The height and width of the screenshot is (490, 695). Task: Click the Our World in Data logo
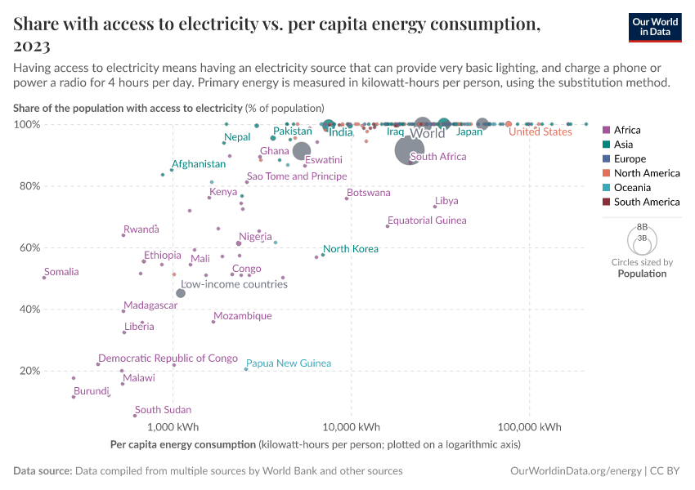pos(655,27)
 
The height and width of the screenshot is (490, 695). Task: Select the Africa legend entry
pos(627,130)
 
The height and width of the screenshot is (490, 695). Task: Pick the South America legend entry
pos(646,202)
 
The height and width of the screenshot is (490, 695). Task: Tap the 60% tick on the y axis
pos(29,247)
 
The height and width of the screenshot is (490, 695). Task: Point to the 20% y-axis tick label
pos(29,371)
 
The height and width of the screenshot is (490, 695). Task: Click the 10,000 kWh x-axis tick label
pos(351,427)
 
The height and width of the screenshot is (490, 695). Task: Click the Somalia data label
pos(62,272)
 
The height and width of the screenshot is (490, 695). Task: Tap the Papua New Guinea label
pos(289,363)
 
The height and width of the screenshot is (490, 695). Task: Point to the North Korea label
pos(351,249)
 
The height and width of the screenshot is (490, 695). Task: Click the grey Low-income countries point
pos(181,293)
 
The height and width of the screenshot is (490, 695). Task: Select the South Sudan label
pos(164,410)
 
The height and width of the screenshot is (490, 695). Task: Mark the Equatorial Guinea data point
pos(388,226)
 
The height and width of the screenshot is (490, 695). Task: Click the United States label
pos(540,132)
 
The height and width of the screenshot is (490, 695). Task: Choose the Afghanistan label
pos(198,164)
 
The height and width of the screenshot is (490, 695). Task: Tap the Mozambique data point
pos(213,322)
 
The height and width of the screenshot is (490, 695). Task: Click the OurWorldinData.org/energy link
pos(576,471)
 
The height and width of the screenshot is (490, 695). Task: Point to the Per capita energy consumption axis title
pos(182,445)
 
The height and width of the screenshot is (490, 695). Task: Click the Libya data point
pos(435,207)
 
